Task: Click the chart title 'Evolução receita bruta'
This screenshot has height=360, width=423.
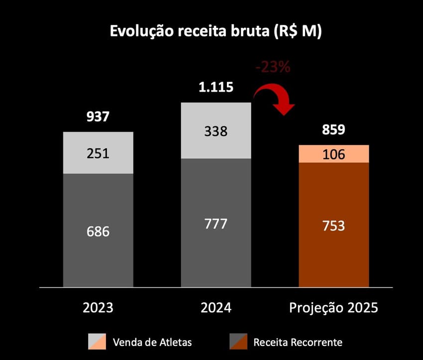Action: tap(189, 31)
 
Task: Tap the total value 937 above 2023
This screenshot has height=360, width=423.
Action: tap(98, 118)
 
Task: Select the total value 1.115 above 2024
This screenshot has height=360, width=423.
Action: tap(215, 88)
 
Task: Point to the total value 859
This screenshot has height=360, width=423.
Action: tap(333, 130)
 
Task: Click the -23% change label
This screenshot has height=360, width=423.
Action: tap(272, 67)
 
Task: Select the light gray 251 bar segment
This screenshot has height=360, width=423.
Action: tap(98, 153)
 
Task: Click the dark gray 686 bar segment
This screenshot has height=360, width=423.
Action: tap(98, 231)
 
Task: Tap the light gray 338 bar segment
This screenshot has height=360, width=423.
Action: tap(216, 131)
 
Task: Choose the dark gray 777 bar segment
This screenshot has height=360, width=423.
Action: tap(216, 223)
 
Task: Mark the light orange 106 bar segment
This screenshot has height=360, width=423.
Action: tap(333, 154)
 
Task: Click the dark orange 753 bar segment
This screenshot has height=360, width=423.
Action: tap(333, 225)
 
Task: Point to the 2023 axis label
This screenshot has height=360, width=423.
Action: tap(98, 308)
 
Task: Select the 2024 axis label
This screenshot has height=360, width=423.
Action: tap(216, 308)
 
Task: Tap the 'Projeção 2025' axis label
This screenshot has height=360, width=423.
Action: tap(333, 308)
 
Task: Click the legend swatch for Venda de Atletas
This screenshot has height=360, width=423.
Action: tap(97, 342)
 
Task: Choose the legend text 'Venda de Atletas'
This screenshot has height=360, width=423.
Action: tap(152, 342)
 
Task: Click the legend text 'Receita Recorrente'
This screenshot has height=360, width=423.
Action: tap(298, 342)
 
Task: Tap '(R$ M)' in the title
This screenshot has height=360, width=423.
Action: tap(297, 31)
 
